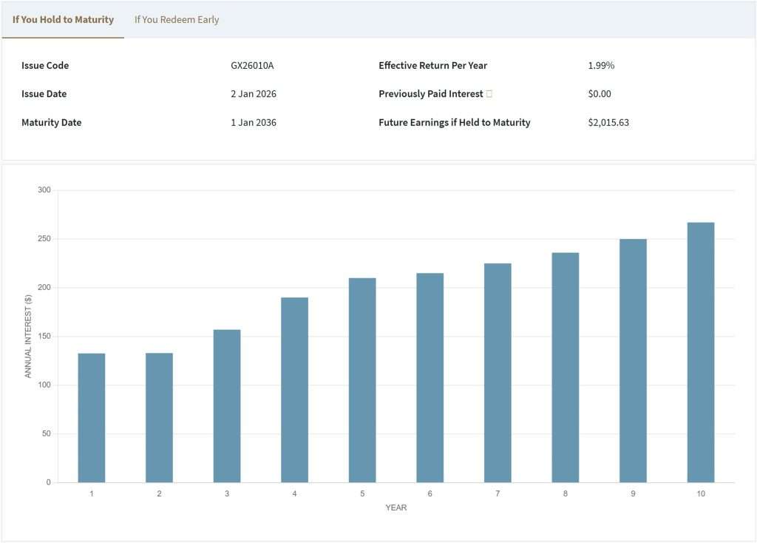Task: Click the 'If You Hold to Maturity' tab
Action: pyautogui.click(x=63, y=19)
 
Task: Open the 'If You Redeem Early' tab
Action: pyautogui.click(x=177, y=19)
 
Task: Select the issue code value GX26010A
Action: pyautogui.click(x=252, y=65)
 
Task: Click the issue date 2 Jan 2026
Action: pyautogui.click(x=254, y=94)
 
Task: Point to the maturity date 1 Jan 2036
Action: pyautogui.click(x=254, y=122)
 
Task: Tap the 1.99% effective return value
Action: pyautogui.click(x=601, y=65)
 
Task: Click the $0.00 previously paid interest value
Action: pyautogui.click(x=600, y=94)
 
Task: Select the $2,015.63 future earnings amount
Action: pyautogui.click(x=608, y=122)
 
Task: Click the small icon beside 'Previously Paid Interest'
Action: pyautogui.click(x=489, y=94)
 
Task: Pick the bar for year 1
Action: pyautogui.click(x=92, y=418)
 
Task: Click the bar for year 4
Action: pyautogui.click(x=294, y=390)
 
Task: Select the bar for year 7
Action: pyautogui.click(x=498, y=373)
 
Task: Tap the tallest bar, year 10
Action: pyautogui.click(x=701, y=352)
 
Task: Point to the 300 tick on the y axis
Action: pyautogui.click(x=44, y=190)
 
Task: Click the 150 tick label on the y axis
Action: pyautogui.click(x=44, y=337)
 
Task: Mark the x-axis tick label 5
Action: pyautogui.click(x=362, y=493)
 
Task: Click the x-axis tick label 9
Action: pyautogui.click(x=633, y=493)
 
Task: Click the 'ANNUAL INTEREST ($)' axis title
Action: pyautogui.click(x=29, y=336)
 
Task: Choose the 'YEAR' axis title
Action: pyautogui.click(x=396, y=507)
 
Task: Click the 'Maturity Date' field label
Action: pyautogui.click(x=52, y=122)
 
